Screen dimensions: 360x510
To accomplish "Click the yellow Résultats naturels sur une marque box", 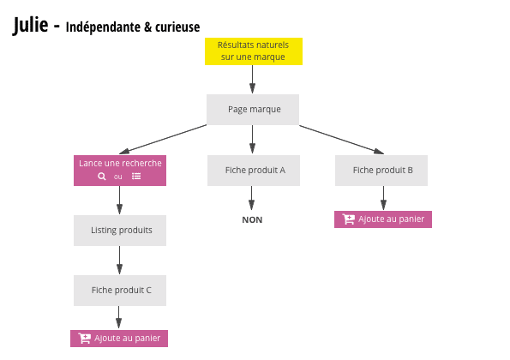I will click(252, 51).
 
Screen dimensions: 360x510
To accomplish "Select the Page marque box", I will click(252, 110).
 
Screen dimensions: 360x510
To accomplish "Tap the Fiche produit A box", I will click(252, 170).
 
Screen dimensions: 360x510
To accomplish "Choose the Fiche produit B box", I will click(381, 170).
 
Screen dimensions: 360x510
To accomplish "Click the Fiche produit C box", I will click(119, 290).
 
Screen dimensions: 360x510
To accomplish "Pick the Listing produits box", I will click(119, 230).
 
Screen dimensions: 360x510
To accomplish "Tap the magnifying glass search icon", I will click(102, 177).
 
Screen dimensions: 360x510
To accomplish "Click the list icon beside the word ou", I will click(136, 177).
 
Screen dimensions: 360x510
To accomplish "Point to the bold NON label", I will click(252, 220).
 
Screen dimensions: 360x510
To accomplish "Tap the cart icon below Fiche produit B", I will click(348, 219).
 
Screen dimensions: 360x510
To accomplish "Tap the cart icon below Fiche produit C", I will click(84, 339).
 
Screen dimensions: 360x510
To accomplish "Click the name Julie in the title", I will click(31, 27).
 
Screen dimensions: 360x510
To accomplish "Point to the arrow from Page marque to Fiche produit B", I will click(339, 139).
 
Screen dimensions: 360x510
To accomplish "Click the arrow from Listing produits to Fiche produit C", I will click(119, 260).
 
